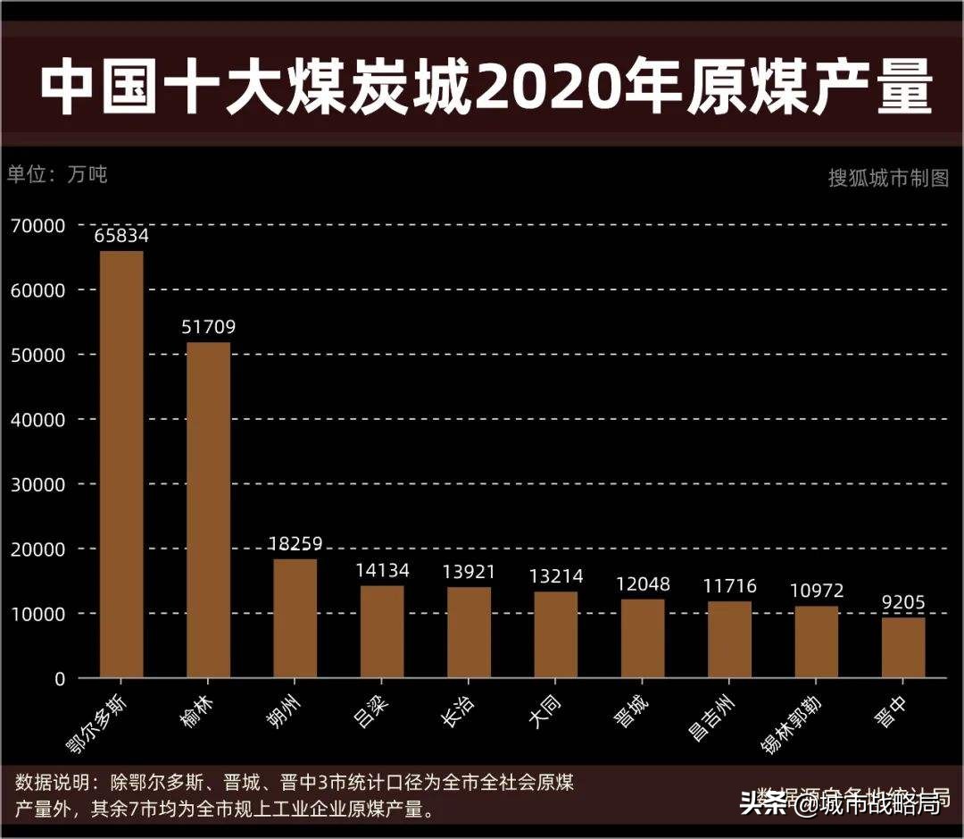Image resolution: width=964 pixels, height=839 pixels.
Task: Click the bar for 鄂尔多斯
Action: tap(121, 465)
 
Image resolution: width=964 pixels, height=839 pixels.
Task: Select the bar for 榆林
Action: tap(208, 510)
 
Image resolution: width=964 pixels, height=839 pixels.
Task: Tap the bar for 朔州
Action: tap(295, 618)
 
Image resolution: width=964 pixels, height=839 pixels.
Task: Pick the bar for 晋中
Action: tap(903, 648)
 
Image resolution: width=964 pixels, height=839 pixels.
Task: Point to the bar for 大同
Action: tap(556, 634)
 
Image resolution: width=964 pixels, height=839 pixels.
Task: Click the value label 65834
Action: tap(121, 237)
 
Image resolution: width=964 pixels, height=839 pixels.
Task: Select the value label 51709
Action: tap(208, 328)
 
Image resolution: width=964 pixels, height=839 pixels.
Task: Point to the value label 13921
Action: tap(469, 572)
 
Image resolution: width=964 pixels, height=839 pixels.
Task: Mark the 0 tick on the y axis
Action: tap(59, 679)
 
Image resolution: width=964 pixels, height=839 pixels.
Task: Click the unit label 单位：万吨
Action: tap(57, 174)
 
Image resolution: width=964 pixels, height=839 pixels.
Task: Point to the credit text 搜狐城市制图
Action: tap(888, 178)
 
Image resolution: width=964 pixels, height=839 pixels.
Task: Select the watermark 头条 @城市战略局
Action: tap(840, 803)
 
